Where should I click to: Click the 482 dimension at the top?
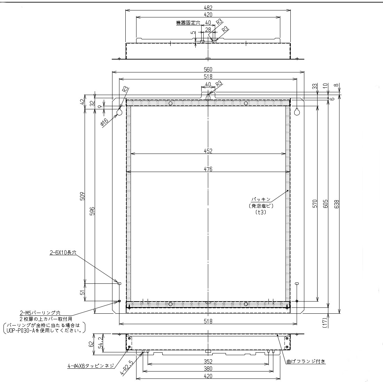click(x=208, y=8)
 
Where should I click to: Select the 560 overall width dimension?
click(x=208, y=70)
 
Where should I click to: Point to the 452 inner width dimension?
click(x=208, y=151)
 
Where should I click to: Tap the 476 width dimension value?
click(x=208, y=169)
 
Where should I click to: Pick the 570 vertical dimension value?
click(x=314, y=204)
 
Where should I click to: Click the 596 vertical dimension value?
click(x=92, y=211)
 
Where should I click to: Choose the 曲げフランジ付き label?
click(x=306, y=361)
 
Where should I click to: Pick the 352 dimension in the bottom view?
click(x=208, y=361)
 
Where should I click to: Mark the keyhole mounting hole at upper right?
click(x=297, y=112)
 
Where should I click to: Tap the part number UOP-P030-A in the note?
click(x=21, y=330)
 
